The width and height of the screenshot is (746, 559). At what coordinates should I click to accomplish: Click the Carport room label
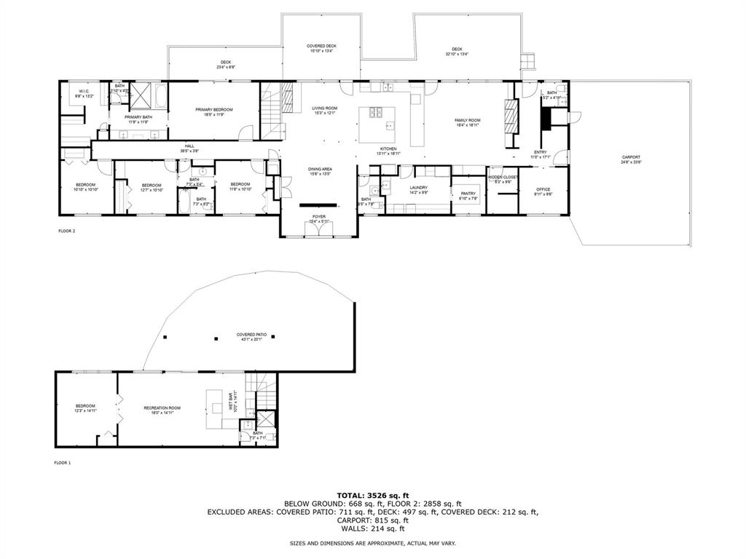coord(631,159)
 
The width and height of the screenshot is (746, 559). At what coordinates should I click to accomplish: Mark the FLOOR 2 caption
coord(66,231)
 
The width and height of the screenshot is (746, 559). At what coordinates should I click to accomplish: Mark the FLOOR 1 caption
coord(62,462)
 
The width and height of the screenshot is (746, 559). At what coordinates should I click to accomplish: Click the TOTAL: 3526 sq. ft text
coord(372,495)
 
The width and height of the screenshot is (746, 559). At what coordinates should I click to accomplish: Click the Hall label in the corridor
coord(189,148)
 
